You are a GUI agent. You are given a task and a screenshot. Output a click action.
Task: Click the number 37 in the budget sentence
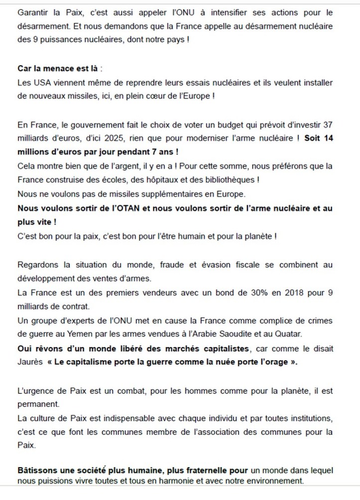point(328,124)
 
